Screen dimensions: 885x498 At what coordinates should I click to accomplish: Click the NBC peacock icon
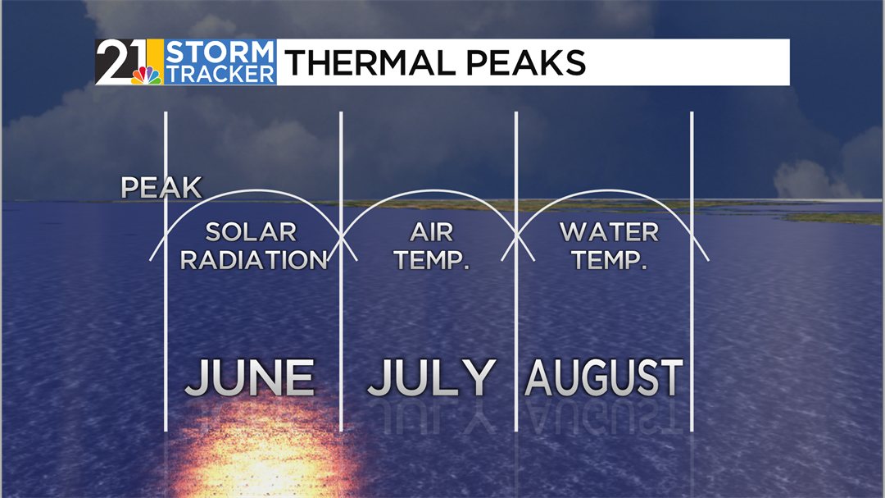tap(147, 75)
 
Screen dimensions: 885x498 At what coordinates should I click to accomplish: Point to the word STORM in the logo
tap(220, 52)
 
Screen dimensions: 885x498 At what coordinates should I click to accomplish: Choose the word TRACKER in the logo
tap(220, 74)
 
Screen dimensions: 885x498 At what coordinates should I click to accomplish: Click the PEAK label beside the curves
tap(161, 188)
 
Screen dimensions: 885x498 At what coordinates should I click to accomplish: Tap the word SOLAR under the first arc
tap(251, 232)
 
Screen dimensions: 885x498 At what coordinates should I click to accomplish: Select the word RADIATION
tap(253, 260)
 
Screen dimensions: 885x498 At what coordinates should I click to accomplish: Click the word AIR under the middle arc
tap(432, 232)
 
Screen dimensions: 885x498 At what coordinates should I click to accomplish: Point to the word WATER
tap(609, 232)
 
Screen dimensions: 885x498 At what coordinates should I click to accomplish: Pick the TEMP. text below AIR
tap(432, 260)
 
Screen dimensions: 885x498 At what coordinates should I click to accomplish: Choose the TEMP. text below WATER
tap(609, 260)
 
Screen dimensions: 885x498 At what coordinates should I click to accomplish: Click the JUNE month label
tap(249, 377)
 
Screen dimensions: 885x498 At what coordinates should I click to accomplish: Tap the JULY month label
tap(432, 377)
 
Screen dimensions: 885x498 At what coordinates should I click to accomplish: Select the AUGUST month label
tap(603, 377)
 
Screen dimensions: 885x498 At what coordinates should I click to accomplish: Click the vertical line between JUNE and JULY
tap(341, 272)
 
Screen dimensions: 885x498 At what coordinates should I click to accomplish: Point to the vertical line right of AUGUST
tap(692, 272)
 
